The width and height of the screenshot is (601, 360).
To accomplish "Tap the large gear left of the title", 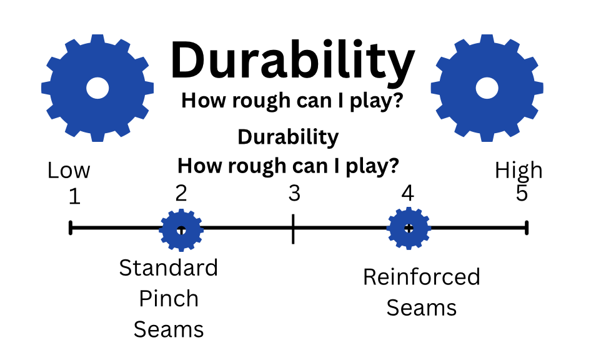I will coord(97,87).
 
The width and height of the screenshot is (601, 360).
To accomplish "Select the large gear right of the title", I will coord(487,87).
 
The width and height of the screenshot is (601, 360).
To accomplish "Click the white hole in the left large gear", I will coord(97,87).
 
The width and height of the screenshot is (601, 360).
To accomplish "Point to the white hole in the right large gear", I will coord(487,87).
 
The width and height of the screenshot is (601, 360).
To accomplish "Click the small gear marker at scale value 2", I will coord(181,229).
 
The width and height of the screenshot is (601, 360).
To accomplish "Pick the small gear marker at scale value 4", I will coord(409,228).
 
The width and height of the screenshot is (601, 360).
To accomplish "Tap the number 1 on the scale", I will coord(74,197).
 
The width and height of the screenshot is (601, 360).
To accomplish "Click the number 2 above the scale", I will coord(181,193).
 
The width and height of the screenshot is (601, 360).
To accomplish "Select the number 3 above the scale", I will coord(294,194).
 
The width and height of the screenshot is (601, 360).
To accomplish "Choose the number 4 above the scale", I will coord(408,194).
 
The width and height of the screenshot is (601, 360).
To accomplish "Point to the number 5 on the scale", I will coord(522,194).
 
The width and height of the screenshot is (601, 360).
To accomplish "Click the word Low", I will coord(69,170).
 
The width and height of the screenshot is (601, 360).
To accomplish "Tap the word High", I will coord(519,170).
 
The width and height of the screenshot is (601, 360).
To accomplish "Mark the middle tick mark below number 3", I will coord(293,228).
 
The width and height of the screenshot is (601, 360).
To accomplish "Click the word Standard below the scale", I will coord(169,268).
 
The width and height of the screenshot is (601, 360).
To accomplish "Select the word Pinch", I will coord(169,299).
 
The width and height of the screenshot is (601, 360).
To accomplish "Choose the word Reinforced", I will coord(422,277).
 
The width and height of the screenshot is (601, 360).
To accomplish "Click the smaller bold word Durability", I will coord(289,137).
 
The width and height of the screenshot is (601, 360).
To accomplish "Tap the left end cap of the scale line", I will coord(71,228).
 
